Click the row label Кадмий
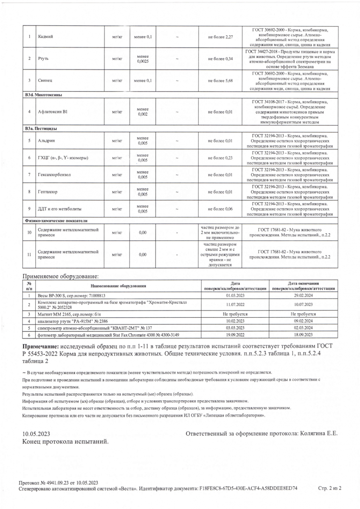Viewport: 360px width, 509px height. pos(45,37)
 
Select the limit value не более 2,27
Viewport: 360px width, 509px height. pos(220,37)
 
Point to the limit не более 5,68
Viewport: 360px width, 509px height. pos(220,80)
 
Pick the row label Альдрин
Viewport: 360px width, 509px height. pos(47,140)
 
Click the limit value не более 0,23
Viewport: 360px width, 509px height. pos(220,158)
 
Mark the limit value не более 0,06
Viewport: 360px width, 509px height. pos(220,209)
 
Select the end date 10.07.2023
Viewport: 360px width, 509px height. pos(303,305)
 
